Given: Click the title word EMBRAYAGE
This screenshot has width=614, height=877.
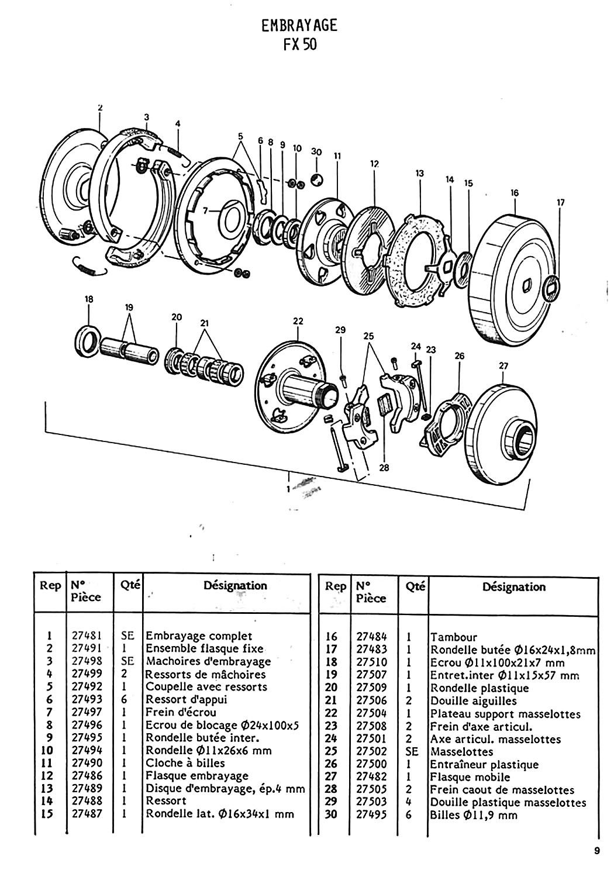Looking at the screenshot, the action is [x=299, y=26].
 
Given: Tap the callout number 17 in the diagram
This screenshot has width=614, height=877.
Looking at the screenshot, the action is [x=560, y=203].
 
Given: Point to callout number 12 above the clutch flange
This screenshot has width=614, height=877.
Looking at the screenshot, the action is [x=374, y=164].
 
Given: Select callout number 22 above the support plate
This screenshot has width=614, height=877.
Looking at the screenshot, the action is [x=298, y=321].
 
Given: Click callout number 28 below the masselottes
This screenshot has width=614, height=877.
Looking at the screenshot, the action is [x=384, y=468].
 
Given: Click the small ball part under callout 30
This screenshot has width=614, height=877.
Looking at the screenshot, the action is [x=317, y=179].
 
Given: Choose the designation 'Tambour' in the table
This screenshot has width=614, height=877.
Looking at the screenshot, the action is [x=454, y=637].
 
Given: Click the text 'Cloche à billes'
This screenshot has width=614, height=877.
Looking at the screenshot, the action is [x=185, y=762].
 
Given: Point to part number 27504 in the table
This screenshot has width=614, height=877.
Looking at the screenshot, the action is [x=371, y=713].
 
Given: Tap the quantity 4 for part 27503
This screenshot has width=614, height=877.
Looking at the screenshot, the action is [x=409, y=802].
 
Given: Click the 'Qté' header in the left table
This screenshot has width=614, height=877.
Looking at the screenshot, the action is [x=130, y=585].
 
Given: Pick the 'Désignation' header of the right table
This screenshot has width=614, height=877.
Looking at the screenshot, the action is [x=513, y=586].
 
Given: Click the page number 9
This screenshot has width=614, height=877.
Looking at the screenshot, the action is [x=597, y=851].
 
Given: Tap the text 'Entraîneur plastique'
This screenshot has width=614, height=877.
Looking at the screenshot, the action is [x=484, y=764].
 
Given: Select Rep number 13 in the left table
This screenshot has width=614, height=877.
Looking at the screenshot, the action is [x=47, y=788].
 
